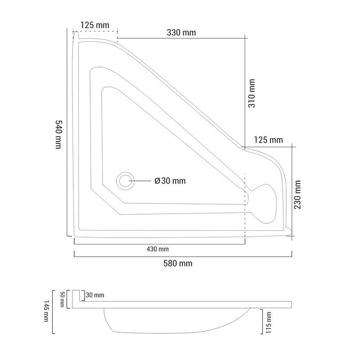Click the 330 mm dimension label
pyautogui.click(x=181, y=32)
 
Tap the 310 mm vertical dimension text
pyautogui.click(x=252, y=94)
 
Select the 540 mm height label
pyautogui.click(x=57, y=135)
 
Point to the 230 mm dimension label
pyautogui.click(x=297, y=194)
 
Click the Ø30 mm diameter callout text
pyautogui.click(x=170, y=181)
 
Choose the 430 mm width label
pyautogui.click(x=158, y=249)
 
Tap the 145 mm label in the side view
pyautogui.click(x=46, y=312)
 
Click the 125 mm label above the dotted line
pyautogui.click(x=95, y=25)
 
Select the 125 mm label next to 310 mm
pyautogui.click(x=268, y=140)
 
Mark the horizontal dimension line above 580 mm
pyautogui.click(x=182, y=256)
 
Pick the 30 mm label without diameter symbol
pyautogui.click(x=95, y=295)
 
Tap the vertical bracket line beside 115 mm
pyautogui.click(x=262, y=322)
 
